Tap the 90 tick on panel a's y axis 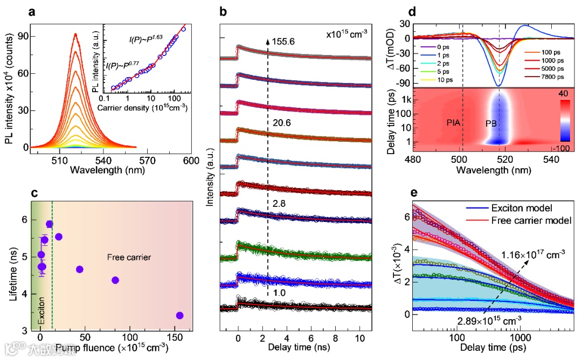21,37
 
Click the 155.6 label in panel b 285,39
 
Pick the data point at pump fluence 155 180,315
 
